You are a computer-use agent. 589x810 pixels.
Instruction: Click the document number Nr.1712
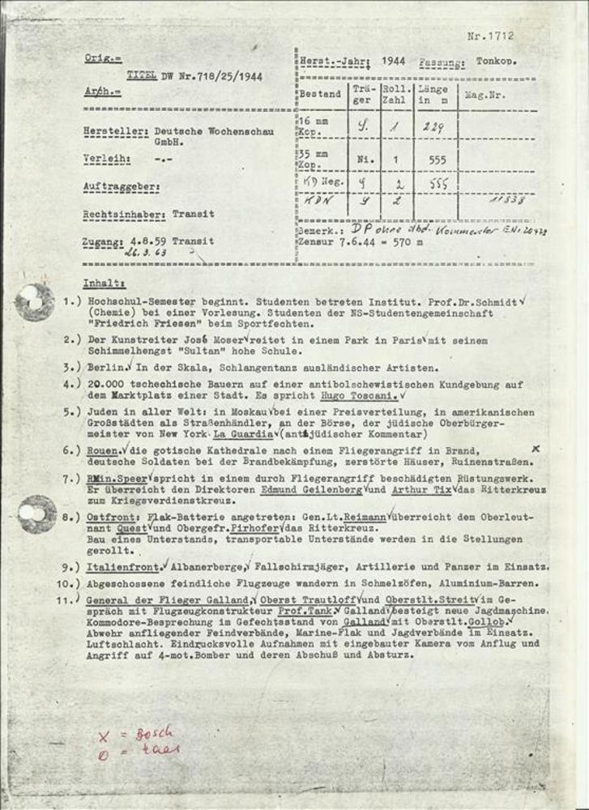point(491,36)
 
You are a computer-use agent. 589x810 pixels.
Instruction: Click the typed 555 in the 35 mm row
point(437,160)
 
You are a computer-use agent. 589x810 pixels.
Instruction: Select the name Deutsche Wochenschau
point(214,130)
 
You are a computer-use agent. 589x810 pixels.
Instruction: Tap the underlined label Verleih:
point(106,160)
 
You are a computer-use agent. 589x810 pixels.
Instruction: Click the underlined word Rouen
point(104,450)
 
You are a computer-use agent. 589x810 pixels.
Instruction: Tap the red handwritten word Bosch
point(153,734)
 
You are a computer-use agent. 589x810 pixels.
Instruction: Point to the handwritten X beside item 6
point(535,448)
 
